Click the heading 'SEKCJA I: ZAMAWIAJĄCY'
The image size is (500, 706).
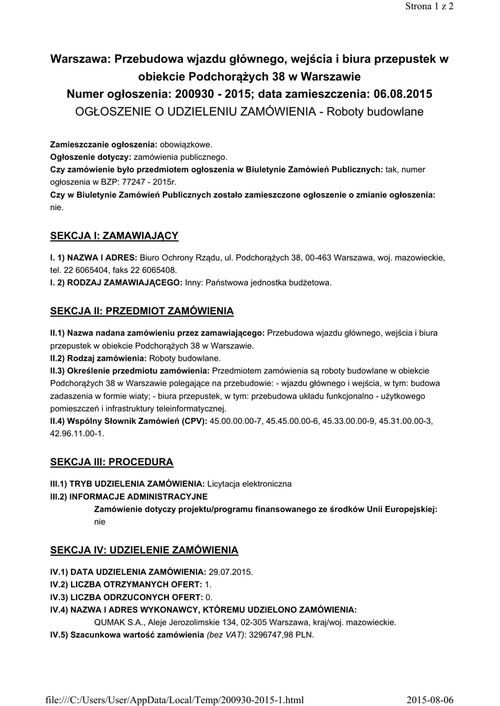coord(114,236)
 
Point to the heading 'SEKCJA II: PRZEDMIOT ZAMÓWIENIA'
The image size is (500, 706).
coord(142,310)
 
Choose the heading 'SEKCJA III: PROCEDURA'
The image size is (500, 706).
coord(112,461)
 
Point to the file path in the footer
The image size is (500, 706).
coord(177,700)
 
